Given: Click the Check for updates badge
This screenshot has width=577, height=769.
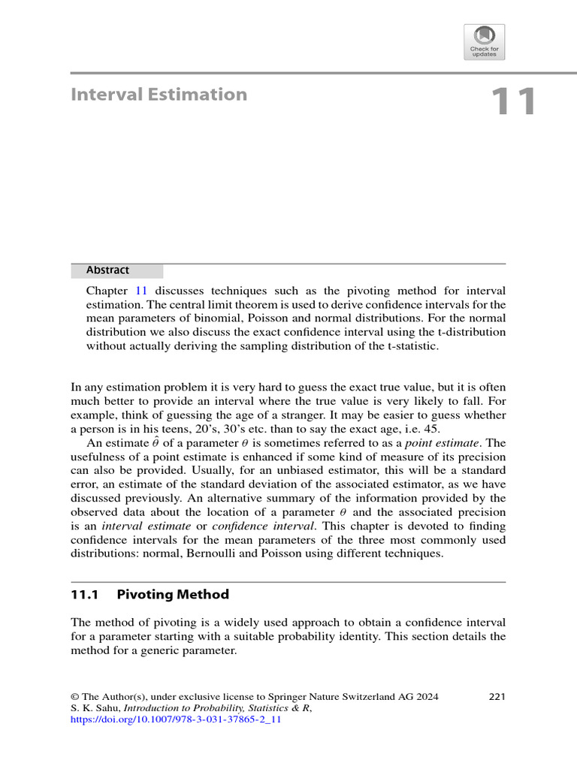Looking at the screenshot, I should click(485, 41).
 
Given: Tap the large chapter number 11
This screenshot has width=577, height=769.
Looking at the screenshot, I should click(514, 102).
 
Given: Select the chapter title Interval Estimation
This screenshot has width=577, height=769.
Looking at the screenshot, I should click(159, 95).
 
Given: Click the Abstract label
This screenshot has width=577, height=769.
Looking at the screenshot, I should click(107, 270).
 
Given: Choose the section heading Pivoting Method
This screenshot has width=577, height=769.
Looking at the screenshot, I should click(173, 595).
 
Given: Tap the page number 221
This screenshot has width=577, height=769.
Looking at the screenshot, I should click(497, 696).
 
